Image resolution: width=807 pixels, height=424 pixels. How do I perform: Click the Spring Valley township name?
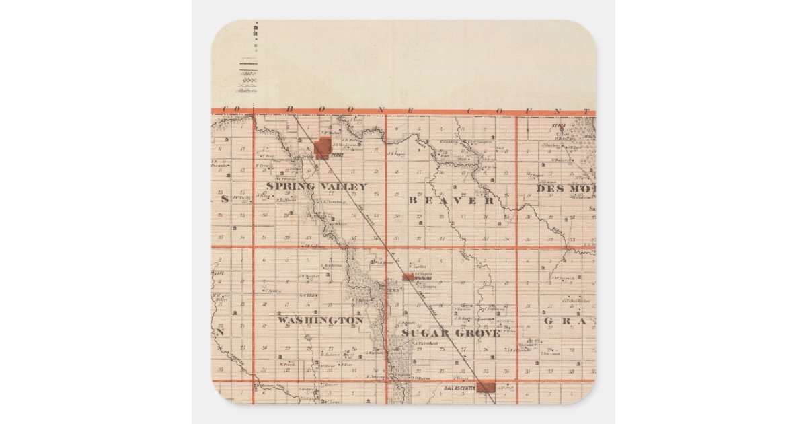point(316,186)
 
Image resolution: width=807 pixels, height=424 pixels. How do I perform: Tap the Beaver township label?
point(451,201)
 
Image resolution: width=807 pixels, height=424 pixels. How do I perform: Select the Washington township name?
point(320,320)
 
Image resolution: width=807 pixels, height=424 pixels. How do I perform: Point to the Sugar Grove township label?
point(451,333)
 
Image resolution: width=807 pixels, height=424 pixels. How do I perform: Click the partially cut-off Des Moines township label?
point(566,188)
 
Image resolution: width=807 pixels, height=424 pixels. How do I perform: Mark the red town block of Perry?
point(322,148)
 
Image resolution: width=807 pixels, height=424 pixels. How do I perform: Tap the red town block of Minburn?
point(408,277)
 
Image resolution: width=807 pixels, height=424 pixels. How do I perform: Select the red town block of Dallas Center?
point(486,388)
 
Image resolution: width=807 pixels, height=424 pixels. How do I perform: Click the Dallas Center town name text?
point(461,388)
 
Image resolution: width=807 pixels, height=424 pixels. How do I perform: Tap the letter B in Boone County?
point(291,109)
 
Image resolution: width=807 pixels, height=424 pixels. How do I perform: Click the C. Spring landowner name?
point(272,291)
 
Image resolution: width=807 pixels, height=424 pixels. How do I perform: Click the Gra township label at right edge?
point(569,321)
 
